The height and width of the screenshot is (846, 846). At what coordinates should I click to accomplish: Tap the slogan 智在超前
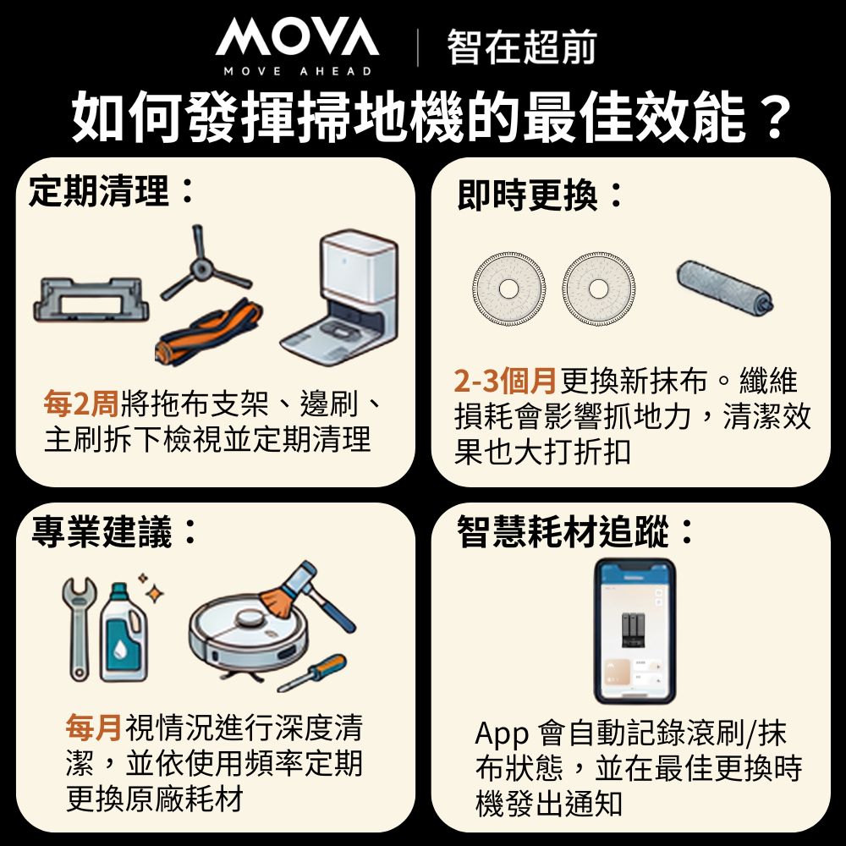521,47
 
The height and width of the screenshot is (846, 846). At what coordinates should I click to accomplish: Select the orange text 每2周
81,405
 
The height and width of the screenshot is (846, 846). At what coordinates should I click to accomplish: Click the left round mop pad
508,288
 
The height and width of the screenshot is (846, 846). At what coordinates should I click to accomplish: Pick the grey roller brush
723,288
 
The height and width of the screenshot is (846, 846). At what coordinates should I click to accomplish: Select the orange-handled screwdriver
312,673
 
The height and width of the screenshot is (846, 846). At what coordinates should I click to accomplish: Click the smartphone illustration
634,630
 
